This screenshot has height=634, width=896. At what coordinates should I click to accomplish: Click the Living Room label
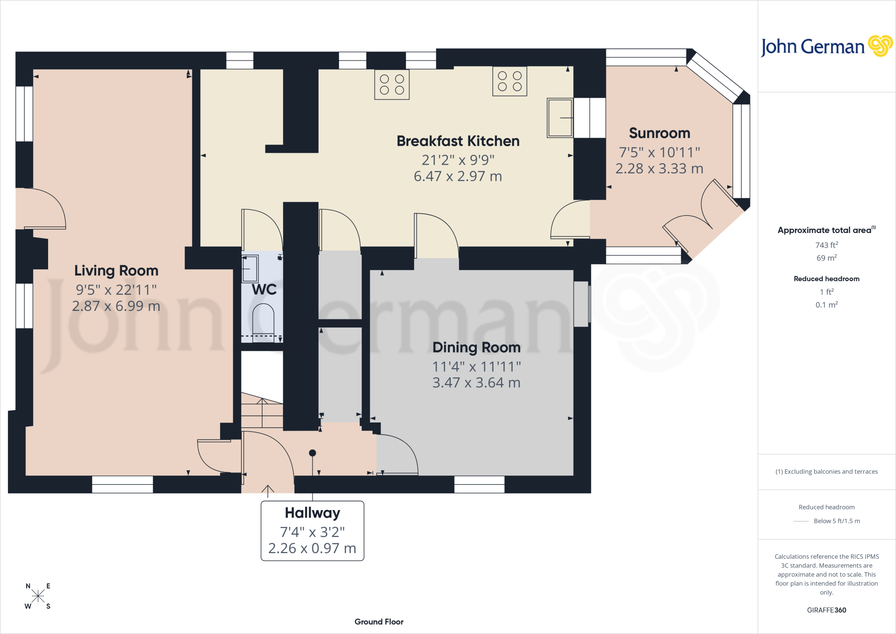(116, 271)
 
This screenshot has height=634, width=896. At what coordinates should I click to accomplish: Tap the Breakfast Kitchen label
(458, 141)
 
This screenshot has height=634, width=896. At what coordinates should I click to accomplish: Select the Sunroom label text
(659, 133)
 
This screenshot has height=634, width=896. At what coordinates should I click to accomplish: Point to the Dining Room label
(476, 348)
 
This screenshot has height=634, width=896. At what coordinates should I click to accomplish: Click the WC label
(264, 289)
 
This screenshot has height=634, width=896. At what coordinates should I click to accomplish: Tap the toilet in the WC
(263, 322)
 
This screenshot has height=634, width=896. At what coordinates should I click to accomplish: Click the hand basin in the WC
(250, 268)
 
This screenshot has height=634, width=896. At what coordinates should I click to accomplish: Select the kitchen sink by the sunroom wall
(560, 118)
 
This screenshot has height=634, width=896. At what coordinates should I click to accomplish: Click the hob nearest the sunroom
(510, 81)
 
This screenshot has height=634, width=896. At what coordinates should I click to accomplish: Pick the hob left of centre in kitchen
(392, 85)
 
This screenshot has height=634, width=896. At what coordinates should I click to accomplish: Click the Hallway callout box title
(312, 513)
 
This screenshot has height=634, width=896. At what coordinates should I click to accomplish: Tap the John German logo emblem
(880, 46)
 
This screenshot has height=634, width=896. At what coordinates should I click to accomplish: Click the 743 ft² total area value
(826, 245)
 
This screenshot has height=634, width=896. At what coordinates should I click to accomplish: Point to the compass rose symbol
(38, 596)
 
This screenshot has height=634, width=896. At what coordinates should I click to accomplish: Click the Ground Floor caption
(379, 622)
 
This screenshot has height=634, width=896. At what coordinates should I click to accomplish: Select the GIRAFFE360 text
(826, 610)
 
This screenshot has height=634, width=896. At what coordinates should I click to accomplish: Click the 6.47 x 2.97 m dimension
(458, 176)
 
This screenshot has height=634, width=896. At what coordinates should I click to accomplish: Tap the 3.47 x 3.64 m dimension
(476, 383)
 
